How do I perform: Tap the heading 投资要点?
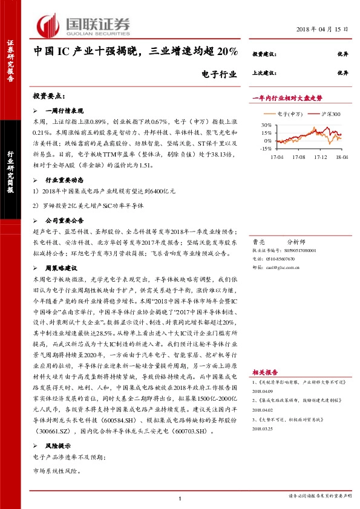pos(49,96)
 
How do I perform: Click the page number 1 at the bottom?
pos(180,498)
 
